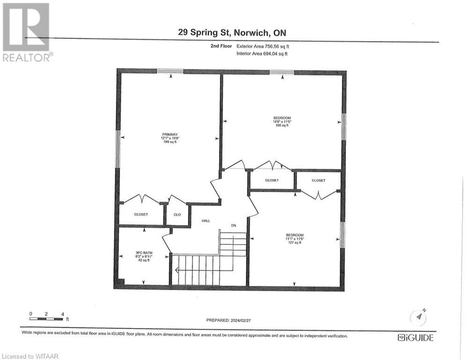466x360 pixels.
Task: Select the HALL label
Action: pyautogui.click(x=206, y=220)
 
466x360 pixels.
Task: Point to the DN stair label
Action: pyautogui.click(x=233, y=225)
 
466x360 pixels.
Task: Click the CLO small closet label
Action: pyautogui.click(x=177, y=214)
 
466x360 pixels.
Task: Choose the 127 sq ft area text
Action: pyautogui.click(x=295, y=242)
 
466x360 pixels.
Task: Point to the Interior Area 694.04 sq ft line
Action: pyautogui.click(x=262, y=54)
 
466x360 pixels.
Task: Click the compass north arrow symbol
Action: pyautogui.click(x=419, y=317)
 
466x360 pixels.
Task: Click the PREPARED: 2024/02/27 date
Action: pyautogui.click(x=233, y=320)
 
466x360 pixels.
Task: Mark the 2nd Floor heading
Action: pyautogui.click(x=222, y=46)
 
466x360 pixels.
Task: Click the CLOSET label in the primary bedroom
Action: pyautogui.click(x=141, y=214)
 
